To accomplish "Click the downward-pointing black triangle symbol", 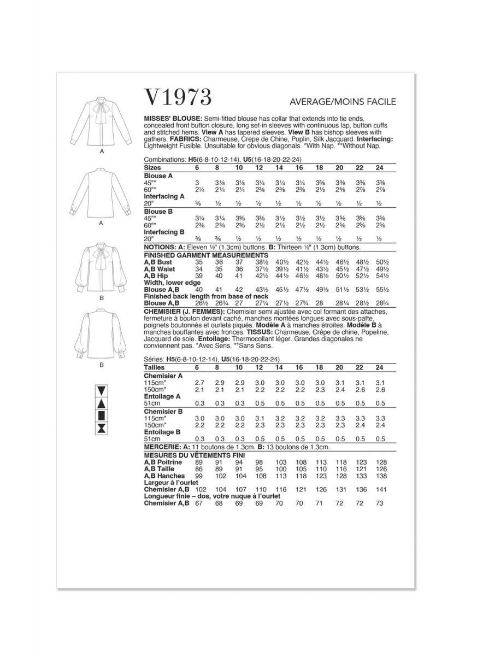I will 101,391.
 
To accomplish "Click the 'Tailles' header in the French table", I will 154,368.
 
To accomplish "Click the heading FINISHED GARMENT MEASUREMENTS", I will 205,255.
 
